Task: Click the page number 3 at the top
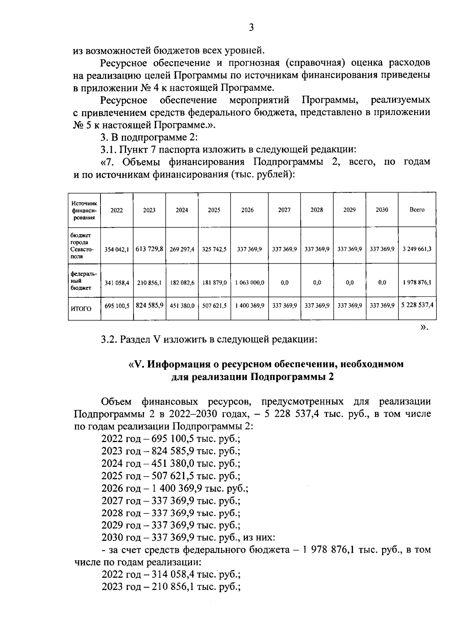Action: pos(251,28)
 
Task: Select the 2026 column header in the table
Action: pos(247,210)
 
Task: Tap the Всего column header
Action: pos(417,210)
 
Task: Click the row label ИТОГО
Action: pos(81,309)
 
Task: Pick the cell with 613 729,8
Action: pos(149,249)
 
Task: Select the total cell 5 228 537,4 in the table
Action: pos(417,305)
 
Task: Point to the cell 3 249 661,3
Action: pos(417,249)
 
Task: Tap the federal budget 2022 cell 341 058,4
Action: pos(117,283)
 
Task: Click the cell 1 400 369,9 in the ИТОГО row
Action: pos(249,306)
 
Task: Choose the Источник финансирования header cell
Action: pos(84,210)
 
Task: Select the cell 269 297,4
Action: pos(182,249)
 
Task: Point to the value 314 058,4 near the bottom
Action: pos(175,575)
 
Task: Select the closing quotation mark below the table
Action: pos(424,327)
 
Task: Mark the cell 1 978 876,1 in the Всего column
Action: pos(417,283)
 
